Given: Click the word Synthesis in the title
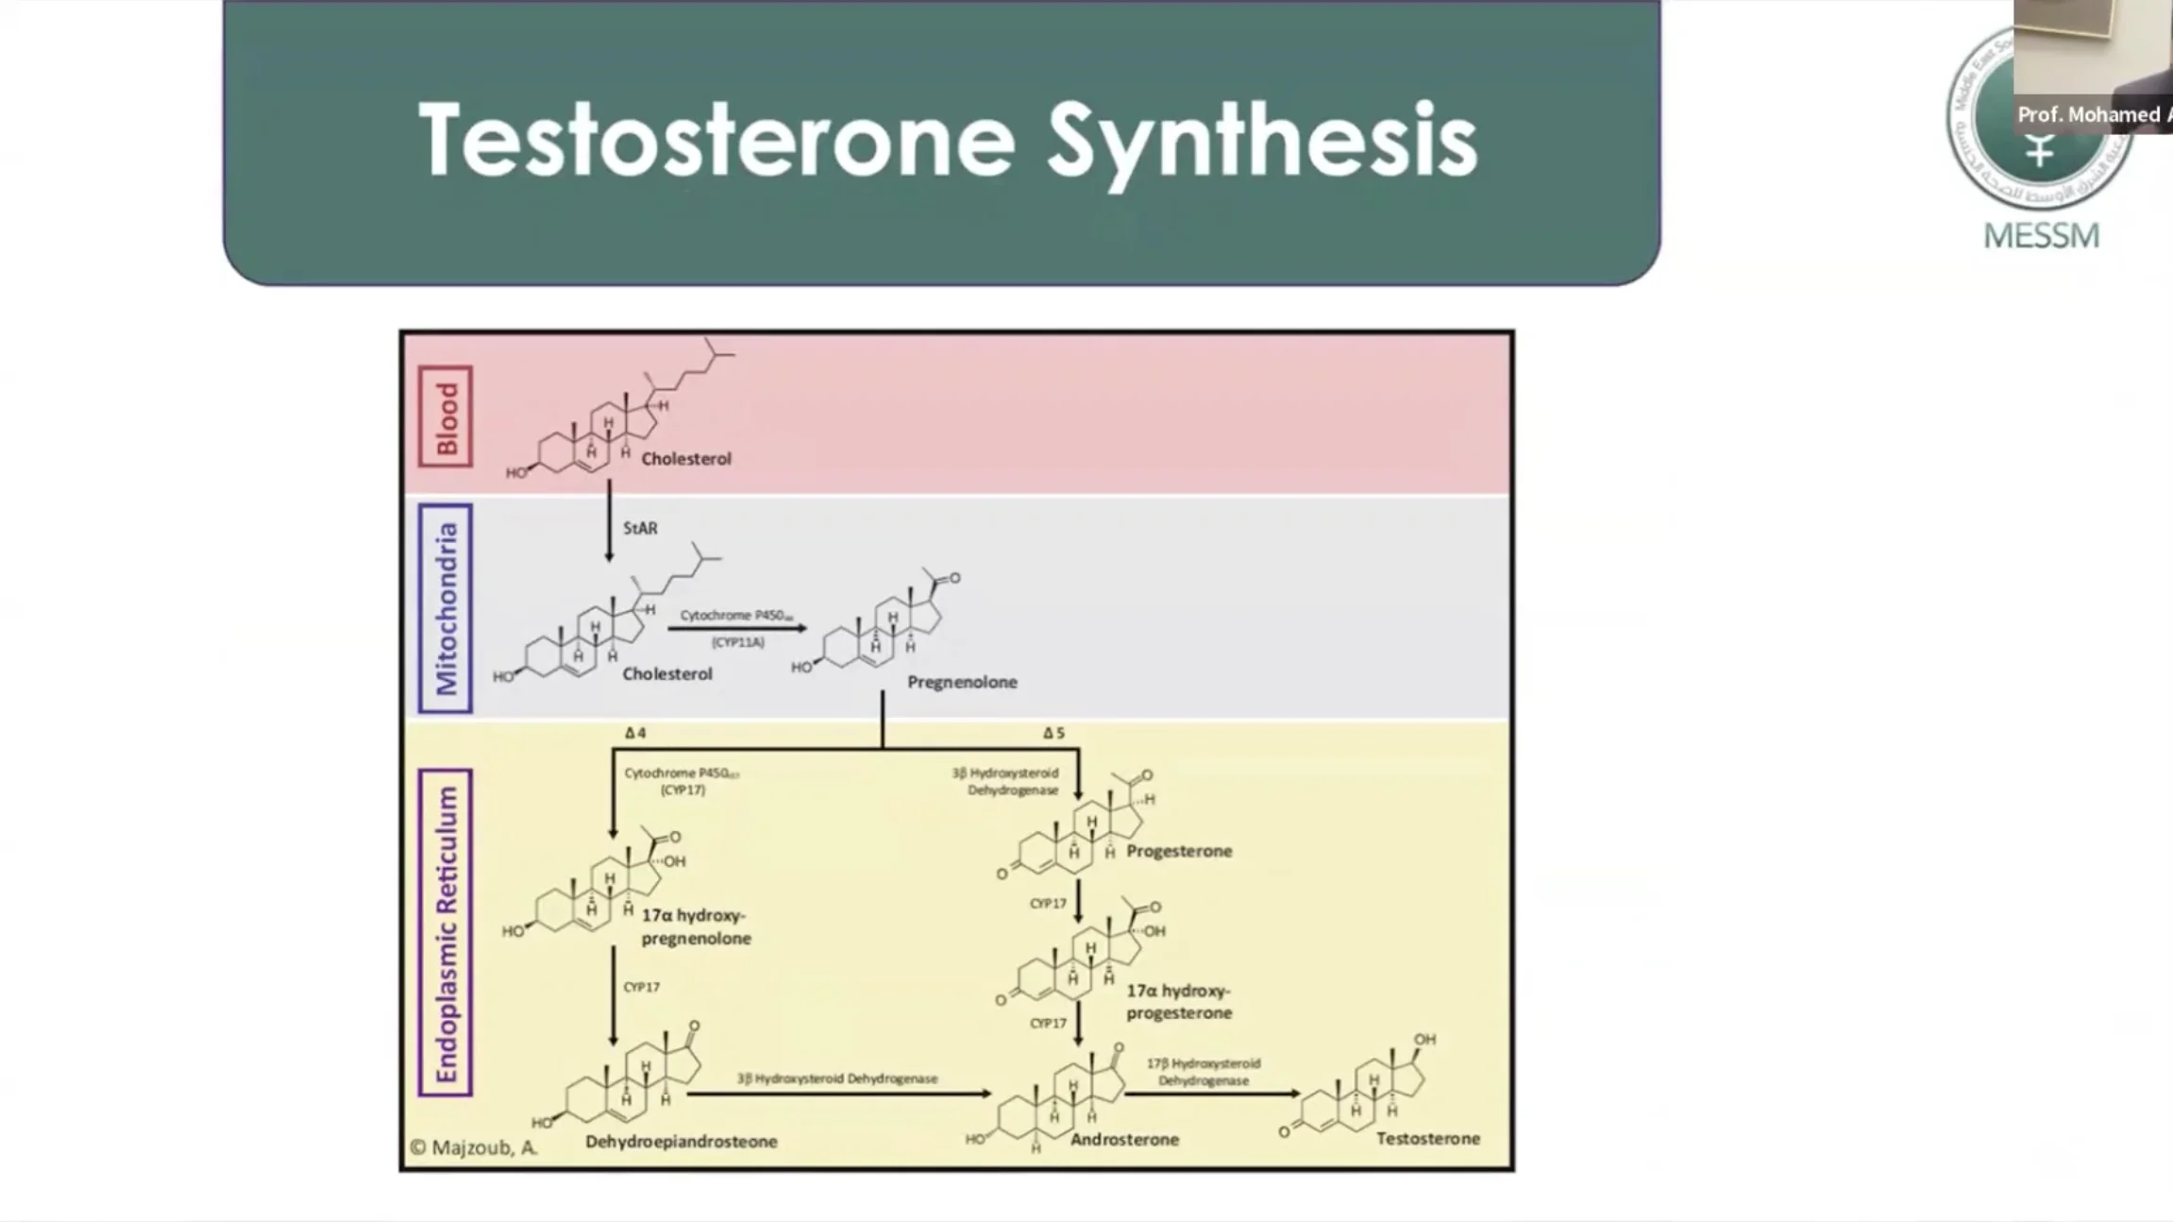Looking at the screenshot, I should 1262,142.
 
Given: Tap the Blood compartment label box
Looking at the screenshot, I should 446,416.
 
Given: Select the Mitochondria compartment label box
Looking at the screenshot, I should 446,608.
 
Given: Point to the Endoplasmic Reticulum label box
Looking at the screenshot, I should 446,933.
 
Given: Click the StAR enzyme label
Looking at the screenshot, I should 640,529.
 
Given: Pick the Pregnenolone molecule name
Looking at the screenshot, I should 962,682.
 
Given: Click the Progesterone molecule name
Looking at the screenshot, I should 1179,851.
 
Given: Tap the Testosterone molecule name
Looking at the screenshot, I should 1427,1139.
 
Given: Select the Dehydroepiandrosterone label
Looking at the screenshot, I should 681,1142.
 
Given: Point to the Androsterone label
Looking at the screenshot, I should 1124,1140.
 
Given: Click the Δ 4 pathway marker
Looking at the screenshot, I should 635,733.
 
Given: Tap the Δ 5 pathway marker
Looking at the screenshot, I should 1053,733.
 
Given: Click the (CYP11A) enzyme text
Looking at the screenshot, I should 738,642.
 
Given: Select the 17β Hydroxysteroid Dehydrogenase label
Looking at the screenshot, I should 1204,1072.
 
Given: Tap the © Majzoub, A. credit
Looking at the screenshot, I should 474,1147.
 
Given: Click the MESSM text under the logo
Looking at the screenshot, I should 2041,235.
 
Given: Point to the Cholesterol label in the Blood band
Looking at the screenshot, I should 686,459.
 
